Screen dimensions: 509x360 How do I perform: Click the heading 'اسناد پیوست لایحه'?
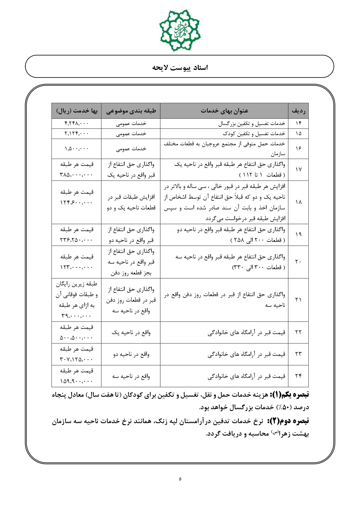pyautogui.click(x=180, y=68)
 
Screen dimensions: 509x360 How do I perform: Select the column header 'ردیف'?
pyautogui.click(x=298, y=111)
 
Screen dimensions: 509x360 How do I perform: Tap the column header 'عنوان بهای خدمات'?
pyautogui.click(x=224, y=111)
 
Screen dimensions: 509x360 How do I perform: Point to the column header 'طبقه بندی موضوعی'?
pyautogui.click(x=131, y=111)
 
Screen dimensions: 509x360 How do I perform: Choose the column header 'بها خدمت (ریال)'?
pyautogui.click(x=77, y=111)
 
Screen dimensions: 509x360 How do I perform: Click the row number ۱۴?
pyautogui.click(x=298, y=124)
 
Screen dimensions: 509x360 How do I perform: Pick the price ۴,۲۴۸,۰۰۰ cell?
pyautogui.click(x=77, y=124)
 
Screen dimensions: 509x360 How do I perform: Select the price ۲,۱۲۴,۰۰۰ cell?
pyautogui.click(x=77, y=134)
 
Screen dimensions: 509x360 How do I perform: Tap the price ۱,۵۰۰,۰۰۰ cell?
pyautogui.click(x=77, y=149)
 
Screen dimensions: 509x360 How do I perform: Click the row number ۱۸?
pyautogui.click(x=298, y=202)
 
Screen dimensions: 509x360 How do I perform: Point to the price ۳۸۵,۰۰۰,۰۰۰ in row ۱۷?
pyautogui.click(x=77, y=175)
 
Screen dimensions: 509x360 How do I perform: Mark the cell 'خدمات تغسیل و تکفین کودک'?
pyautogui.click(x=254, y=134)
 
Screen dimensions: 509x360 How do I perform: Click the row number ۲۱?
pyautogui.click(x=298, y=300)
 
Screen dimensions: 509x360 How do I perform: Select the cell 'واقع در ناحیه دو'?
pyautogui.click(x=131, y=354)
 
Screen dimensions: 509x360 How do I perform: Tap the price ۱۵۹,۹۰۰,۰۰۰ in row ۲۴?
pyautogui.click(x=77, y=381)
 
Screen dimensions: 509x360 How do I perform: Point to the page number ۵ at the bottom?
pyautogui.click(x=180, y=479)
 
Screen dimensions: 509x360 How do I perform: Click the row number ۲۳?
pyautogui.click(x=298, y=354)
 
